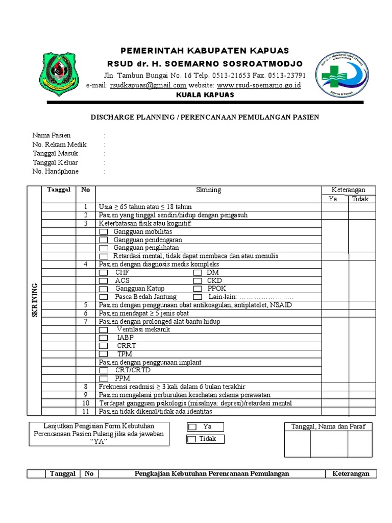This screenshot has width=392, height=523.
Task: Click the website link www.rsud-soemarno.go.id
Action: click(x=259, y=85)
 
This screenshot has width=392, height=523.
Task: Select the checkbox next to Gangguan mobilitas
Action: click(x=104, y=232)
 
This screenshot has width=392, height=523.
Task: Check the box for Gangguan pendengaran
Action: click(x=104, y=240)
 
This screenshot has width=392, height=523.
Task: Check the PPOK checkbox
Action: click(x=197, y=289)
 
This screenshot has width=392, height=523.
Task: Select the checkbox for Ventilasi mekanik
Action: click(x=104, y=330)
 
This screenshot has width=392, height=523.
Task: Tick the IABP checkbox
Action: click(x=104, y=338)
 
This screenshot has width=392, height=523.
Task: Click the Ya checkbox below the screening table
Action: click(x=191, y=426)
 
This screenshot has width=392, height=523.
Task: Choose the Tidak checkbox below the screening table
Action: click(x=191, y=439)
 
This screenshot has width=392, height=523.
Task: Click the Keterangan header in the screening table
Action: click(x=348, y=190)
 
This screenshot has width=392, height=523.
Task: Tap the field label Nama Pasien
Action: click(x=52, y=135)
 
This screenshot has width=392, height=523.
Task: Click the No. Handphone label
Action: click(x=56, y=172)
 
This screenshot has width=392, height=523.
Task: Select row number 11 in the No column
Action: click(x=85, y=412)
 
